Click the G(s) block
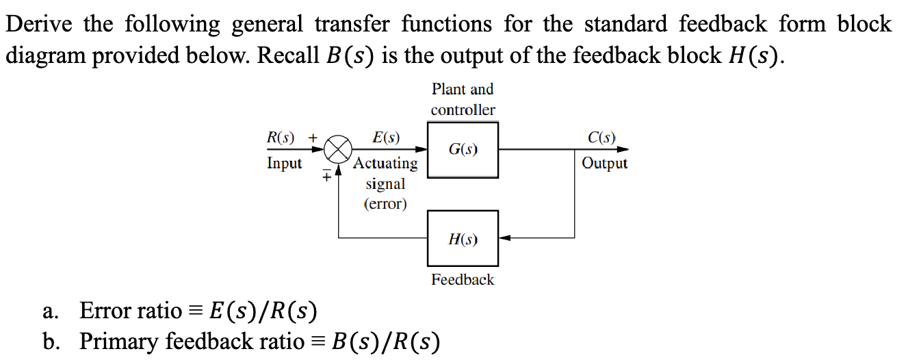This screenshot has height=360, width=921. click(x=463, y=149)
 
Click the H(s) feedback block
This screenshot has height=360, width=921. click(x=463, y=238)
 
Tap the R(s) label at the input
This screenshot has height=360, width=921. click(x=280, y=137)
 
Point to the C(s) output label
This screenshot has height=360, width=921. click(x=601, y=137)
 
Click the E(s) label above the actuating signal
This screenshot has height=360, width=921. click(x=386, y=137)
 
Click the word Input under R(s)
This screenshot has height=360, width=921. click(x=284, y=164)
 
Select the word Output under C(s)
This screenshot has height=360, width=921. click(x=604, y=164)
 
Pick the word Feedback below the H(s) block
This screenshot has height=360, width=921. click(x=463, y=279)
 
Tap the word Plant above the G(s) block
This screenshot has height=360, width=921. click(x=449, y=89)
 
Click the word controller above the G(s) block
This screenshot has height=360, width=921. click(x=463, y=110)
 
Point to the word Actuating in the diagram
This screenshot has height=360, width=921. click(x=386, y=164)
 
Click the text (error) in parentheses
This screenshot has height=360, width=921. click(x=385, y=204)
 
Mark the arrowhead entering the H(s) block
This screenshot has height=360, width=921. click(x=505, y=238)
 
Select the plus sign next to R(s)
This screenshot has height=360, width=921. click(x=313, y=137)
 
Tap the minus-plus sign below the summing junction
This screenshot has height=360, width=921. click(x=327, y=175)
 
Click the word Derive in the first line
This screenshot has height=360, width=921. click(x=40, y=25)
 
